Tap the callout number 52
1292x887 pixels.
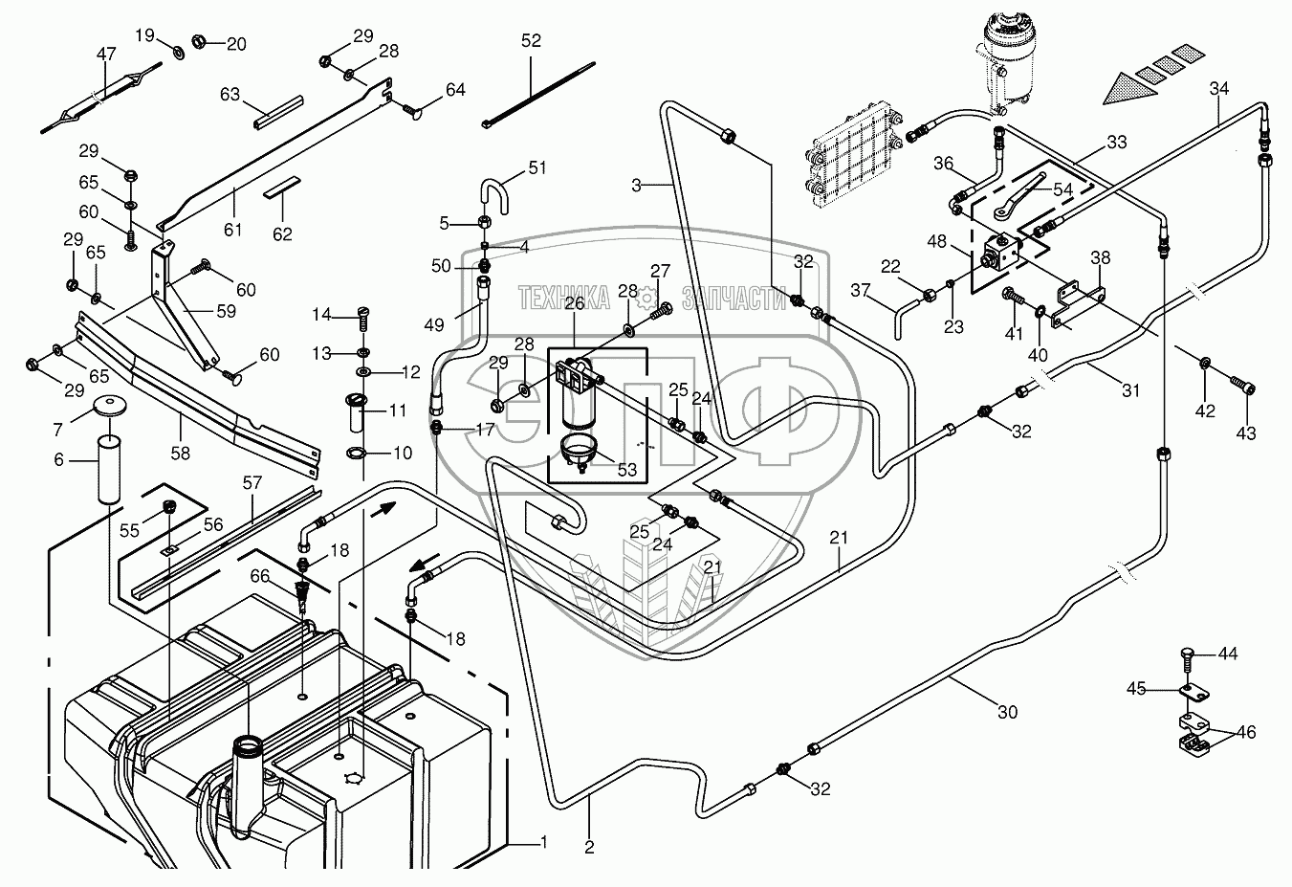(x=531, y=40)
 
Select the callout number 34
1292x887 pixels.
(x=1218, y=89)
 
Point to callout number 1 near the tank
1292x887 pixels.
(x=543, y=843)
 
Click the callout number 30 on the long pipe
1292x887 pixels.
(x=1007, y=712)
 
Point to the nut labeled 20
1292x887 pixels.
(x=201, y=42)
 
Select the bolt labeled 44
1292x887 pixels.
(x=1187, y=657)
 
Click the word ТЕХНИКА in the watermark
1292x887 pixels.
(x=563, y=299)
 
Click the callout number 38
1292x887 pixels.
(x=1101, y=257)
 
